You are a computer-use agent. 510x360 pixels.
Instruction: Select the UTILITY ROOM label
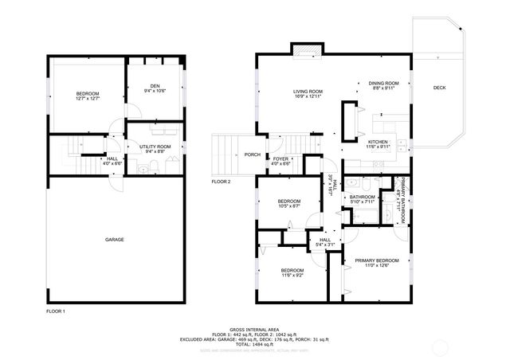click(155, 147)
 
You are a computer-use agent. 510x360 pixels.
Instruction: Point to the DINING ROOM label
click(382, 83)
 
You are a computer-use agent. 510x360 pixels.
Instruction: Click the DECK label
click(439, 88)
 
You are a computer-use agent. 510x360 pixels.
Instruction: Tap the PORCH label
click(253, 155)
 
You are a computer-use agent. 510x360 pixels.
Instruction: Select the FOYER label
click(280, 158)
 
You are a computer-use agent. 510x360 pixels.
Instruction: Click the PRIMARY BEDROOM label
click(376, 260)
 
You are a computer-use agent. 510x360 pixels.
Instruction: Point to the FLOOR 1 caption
click(55, 311)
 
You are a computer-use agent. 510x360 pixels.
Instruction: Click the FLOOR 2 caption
click(221, 182)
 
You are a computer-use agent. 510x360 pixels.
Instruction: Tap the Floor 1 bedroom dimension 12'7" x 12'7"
click(87, 100)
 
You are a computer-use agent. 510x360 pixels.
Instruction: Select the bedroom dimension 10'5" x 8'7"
click(288, 206)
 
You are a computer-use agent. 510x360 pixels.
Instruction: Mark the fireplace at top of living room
click(307, 51)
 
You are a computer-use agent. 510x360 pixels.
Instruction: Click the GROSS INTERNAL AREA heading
click(255, 328)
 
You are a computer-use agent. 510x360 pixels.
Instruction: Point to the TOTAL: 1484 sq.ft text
click(255, 343)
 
